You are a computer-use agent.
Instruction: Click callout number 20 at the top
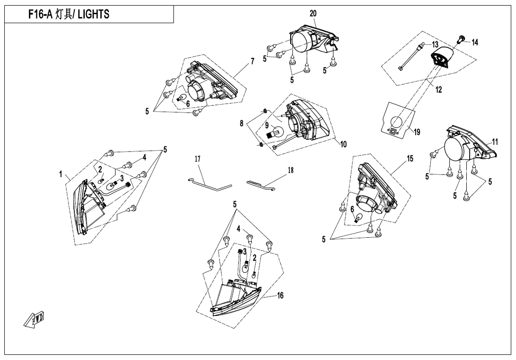[313, 13]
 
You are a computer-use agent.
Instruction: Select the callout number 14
[475, 43]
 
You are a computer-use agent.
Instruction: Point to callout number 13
[435, 45]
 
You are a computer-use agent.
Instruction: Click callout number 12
[439, 90]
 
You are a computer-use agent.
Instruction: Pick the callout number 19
[417, 132]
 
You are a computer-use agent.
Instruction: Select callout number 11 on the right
[495, 141]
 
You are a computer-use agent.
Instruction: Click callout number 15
[410, 158]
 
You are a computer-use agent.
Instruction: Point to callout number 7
[252, 62]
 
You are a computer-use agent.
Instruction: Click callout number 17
[197, 160]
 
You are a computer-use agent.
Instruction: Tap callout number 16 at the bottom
[280, 296]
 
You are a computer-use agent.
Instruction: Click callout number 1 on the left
[61, 174]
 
